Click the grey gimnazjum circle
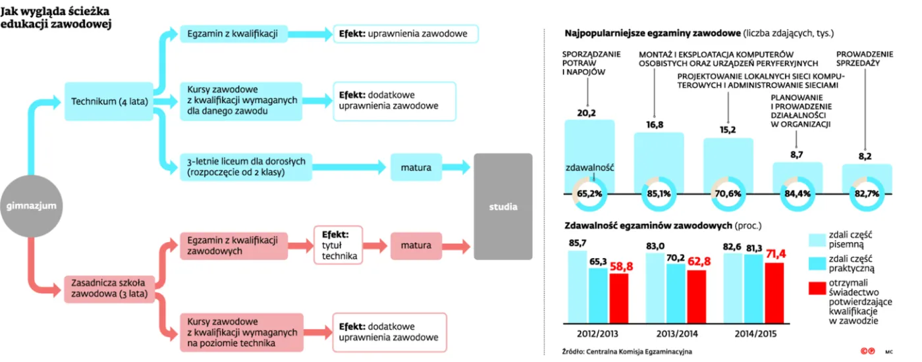click(32, 206)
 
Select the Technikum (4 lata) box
click(109, 101)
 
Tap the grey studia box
click(503, 207)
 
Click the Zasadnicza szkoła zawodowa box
click(109, 289)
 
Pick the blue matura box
click(416, 167)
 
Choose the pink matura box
click(416, 246)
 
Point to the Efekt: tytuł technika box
click(339, 245)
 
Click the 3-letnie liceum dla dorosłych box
click(246, 167)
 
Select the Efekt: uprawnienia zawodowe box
click(406, 34)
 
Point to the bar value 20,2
click(587, 113)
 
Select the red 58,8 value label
click(622, 267)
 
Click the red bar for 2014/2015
click(774, 293)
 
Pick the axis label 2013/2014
click(677, 334)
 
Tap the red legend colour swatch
click(817, 288)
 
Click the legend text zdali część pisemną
click(850, 240)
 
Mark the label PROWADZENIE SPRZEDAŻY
click(865, 59)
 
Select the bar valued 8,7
click(798, 178)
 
